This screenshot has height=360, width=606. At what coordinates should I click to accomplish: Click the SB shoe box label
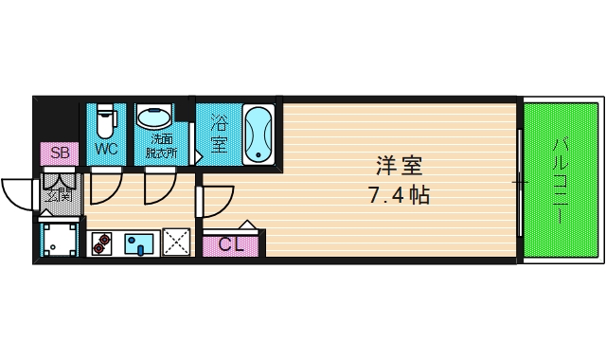60,153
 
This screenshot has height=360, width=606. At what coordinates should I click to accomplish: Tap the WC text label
106,150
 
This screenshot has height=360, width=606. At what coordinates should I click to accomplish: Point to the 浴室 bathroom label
219,134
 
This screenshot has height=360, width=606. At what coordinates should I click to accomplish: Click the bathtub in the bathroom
258,134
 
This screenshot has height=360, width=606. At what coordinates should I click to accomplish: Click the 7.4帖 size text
399,196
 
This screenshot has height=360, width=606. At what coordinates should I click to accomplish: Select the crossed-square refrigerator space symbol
176,243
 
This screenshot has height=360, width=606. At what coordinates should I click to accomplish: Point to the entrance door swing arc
19,194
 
